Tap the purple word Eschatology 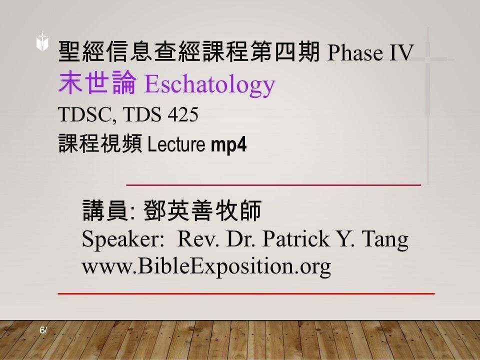click(x=209, y=84)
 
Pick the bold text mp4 click(x=229, y=144)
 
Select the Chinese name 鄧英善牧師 click(x=202, y=212)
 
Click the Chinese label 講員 click(x=104, y=212)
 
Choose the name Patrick click(x=294, y=239)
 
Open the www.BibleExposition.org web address click(x=206, y=266)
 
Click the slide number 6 click(x=42, y=330)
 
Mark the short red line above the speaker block click(x=274, y=184)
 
